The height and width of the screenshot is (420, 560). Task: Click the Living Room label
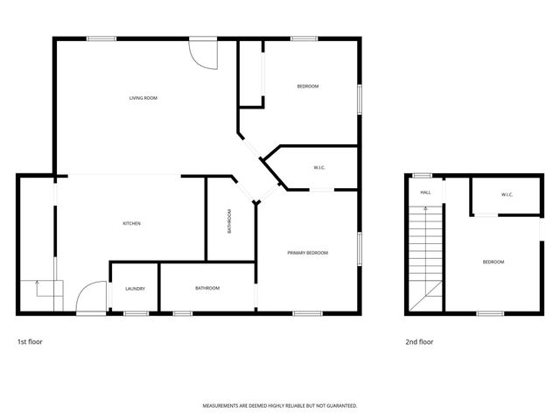pyautogui.click(x=143, y=99)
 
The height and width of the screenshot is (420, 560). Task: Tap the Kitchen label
pyautogui.click(x=131, y=224)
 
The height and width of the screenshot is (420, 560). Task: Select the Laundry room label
pyautogui.click(x=135, y=289)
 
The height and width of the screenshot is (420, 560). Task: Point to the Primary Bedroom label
pyautogui.click(x=308, y=253)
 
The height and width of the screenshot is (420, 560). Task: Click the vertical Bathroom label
pyautogui.click(x=230, y=221)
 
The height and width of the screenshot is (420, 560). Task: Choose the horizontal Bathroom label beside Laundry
pyautogui.click(x=207, y=289)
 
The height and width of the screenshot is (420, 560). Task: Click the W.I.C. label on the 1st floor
pyautogui.click(x=320, y=167)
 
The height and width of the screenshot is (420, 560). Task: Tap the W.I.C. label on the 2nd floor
pyautogui.click(x=507, y=194)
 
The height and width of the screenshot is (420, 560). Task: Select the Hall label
pyautogui.click(x=425, y=192)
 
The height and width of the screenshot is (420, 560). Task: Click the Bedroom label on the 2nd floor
pyautogui.click(x=493, y=262)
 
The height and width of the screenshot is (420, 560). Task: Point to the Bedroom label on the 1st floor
pyautogui.click(x=307, y=86)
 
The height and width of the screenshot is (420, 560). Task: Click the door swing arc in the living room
pyautogui.click(x=204, y=55)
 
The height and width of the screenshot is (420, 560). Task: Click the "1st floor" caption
pyautogui.click(x=30, y=342)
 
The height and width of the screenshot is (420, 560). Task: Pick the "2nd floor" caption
pyautogui.click(x=419, y=342)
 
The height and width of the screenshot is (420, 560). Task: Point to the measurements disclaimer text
pyautogui.click(x=280, y=406)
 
